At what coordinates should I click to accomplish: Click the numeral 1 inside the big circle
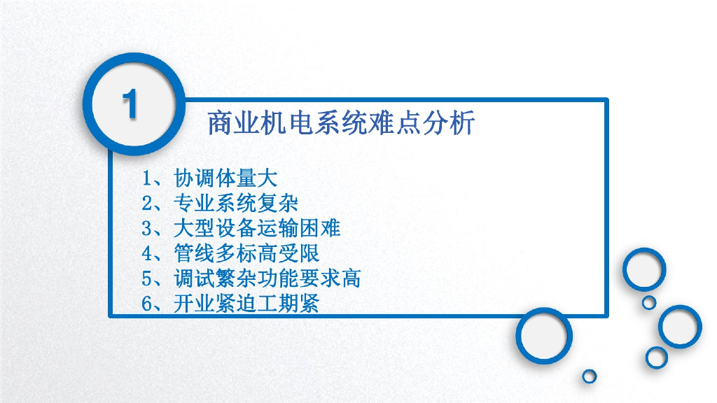(x=130, y=104)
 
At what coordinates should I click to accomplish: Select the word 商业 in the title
(x=234, y=123)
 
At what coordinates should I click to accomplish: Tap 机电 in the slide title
(x=287, y=123)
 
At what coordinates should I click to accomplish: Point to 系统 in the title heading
(x=341, y=123)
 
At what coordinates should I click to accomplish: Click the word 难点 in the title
(x=395, y=123)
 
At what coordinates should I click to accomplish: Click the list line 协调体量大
(x=225, y=178)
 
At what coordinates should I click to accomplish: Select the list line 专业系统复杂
(x=236, y=203)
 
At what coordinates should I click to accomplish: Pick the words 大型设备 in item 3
(x=215, y=228)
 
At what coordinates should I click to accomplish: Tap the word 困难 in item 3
(x=320, y=228)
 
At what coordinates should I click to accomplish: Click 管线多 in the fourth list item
(x=205, y=253)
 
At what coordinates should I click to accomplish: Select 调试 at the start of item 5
(x=195, y=278)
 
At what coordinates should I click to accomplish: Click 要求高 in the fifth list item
(x=330, y=278)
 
